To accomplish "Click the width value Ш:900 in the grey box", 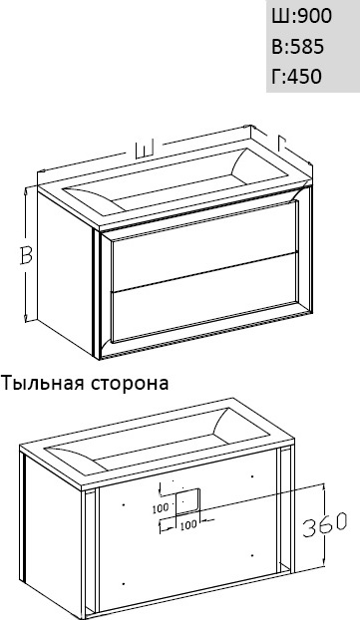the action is (301, 17).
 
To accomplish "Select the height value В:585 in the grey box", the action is (298, 47).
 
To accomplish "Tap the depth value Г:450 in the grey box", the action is (296, 76).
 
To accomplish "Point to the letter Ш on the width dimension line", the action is (145, 150).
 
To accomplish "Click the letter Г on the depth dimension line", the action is (282, 142).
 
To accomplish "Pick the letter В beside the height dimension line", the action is (26, 256).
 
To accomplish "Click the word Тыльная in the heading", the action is (43, 383).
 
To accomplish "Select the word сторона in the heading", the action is (131, 383).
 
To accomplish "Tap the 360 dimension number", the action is (325, 525).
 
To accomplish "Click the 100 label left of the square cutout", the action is (161, 508).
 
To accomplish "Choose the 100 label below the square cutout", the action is (188, 524).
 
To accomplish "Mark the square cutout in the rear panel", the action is (187, 501).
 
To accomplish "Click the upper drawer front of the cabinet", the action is (204, 246).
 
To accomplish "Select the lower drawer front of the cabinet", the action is (204, 297).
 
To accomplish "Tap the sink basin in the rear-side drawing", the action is (156, 441).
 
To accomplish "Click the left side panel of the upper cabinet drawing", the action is (65, 271).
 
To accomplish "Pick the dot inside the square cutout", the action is (182, 501).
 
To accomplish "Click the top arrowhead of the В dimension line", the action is (26, 189).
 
